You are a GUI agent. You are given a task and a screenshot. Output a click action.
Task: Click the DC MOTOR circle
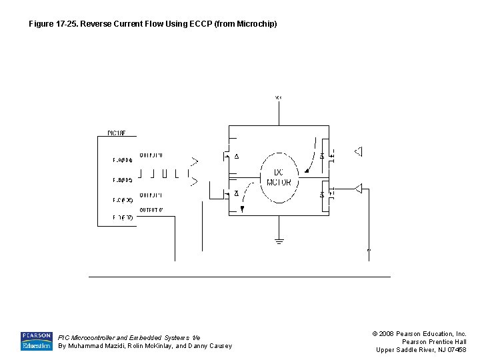279,177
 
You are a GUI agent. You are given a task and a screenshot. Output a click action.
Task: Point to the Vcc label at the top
279,98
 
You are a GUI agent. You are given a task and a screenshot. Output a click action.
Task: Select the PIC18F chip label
116,133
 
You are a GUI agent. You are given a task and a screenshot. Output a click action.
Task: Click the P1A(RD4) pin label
123,160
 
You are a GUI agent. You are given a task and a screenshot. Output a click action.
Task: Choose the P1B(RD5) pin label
123,180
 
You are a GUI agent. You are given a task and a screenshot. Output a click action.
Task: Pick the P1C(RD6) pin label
123,200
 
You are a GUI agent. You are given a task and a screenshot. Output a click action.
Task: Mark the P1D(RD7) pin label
123,217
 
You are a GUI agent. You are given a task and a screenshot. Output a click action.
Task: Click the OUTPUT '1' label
151,195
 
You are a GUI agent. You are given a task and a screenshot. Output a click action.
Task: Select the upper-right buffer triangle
358,151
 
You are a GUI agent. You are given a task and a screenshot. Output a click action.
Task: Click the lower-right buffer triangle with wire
359,189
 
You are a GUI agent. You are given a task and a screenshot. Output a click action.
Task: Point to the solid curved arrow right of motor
311,156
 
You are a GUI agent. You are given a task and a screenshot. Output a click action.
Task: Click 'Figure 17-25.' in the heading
53,24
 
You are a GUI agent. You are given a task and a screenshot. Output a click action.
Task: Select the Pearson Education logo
37,341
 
